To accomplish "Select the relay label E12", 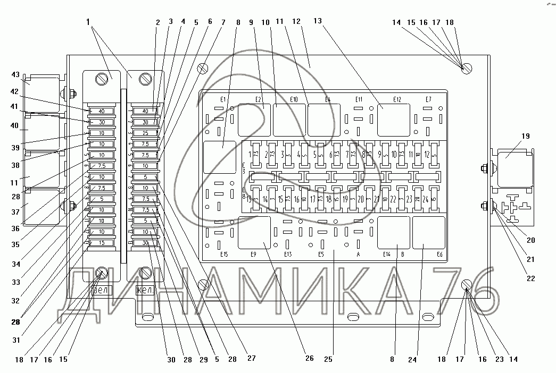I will [396, 99].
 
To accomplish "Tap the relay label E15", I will [223, 254].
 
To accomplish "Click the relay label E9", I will [253, 254].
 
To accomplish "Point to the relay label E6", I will [439, 254].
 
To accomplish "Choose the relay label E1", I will [223, 99].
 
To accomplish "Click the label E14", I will [387, 254].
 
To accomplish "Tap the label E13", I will [288, 254].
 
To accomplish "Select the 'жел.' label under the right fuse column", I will [145, 290].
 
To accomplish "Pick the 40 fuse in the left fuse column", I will [101, 111].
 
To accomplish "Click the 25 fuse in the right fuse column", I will [145, 132].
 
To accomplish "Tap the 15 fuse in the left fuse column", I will [101, 243].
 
